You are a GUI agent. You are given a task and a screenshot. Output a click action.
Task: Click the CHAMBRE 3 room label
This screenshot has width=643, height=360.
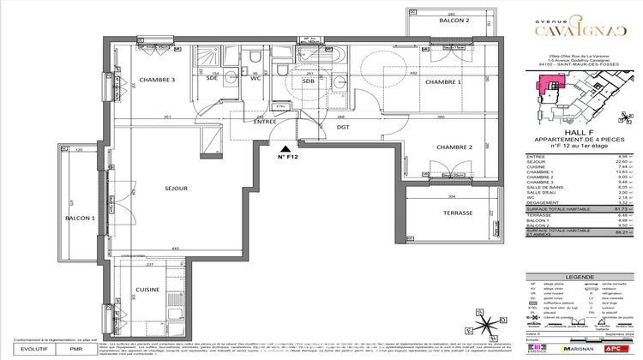(158, 80)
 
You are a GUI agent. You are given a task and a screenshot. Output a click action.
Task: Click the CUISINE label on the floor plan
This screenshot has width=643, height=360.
(148, 290)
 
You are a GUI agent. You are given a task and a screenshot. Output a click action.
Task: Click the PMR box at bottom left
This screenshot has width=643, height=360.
(75, 350)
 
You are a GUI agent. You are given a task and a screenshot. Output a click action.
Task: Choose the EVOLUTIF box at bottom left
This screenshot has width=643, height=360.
(30, 350)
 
